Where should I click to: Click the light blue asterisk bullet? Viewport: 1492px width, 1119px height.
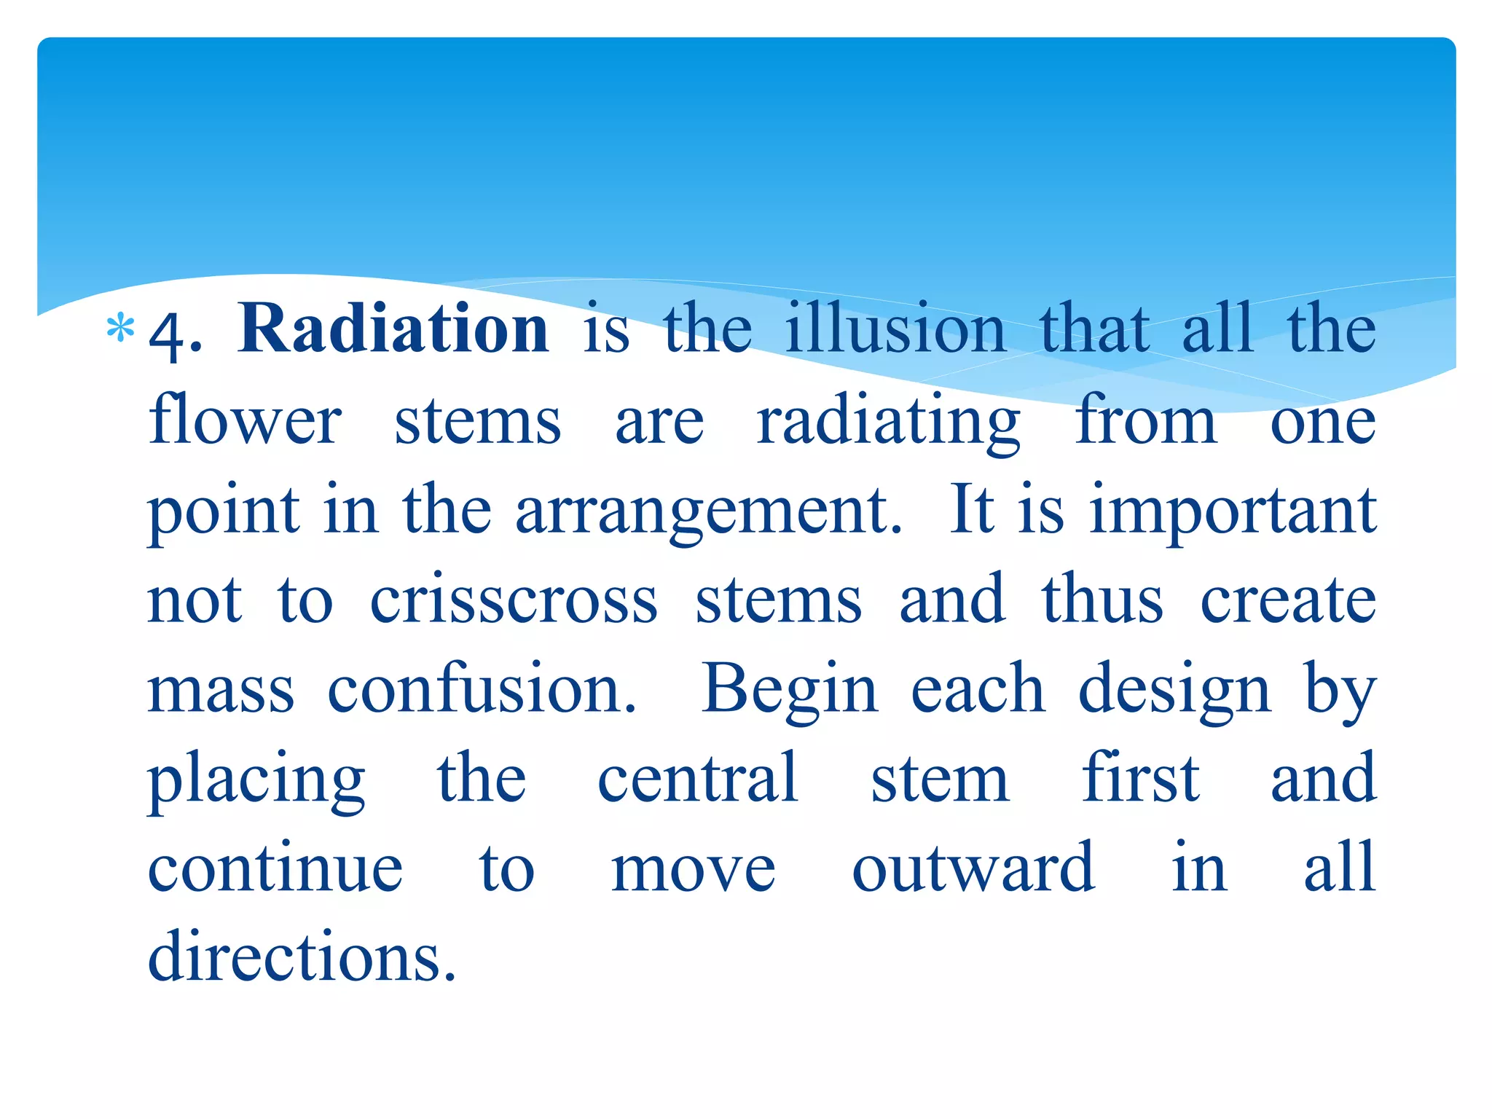[120, 329]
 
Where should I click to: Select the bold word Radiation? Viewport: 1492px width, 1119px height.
[393, 329]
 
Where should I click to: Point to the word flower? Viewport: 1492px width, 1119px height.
[245, 421]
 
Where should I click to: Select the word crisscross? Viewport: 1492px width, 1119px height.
[514, 601]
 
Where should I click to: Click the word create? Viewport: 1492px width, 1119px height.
[1288, 601]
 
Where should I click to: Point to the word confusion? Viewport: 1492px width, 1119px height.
[482, 689]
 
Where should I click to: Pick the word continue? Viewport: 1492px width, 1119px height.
[275, 868]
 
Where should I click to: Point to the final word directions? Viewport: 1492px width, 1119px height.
[302, 957]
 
